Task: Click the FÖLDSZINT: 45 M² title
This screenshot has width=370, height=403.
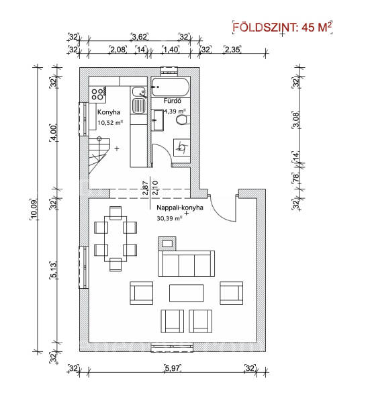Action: [x=282, y=27]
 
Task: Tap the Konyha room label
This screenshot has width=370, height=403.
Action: [x=109, y=112]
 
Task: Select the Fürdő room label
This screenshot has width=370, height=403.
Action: [x=172, y=101]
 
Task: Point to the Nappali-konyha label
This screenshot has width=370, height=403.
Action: [x=180, y=208]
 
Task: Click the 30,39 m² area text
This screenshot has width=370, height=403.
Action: [x=169, y=218]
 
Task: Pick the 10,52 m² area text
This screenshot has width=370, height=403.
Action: [x=110, y=123]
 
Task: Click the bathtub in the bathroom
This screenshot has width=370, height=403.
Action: [x=171, y=87]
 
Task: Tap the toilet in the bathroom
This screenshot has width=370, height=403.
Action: [x=183, y=120]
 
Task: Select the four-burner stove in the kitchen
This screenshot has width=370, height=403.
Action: [x=97, y=94]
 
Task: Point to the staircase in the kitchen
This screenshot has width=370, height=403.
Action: [x=99, y=156]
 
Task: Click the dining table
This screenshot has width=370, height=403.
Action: [x=115, y=238]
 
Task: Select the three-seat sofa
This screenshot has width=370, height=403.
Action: [x=186, y=263]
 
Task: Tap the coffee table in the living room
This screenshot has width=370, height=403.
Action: [x=187, y=293]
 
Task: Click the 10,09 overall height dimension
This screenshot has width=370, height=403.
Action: [x=34, y=210]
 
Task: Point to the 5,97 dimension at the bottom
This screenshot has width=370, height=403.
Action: [x=173, y=368]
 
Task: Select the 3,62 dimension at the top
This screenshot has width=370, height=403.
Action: [x=140, y=37]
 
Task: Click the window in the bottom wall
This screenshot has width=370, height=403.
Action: [x=172, y=347]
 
